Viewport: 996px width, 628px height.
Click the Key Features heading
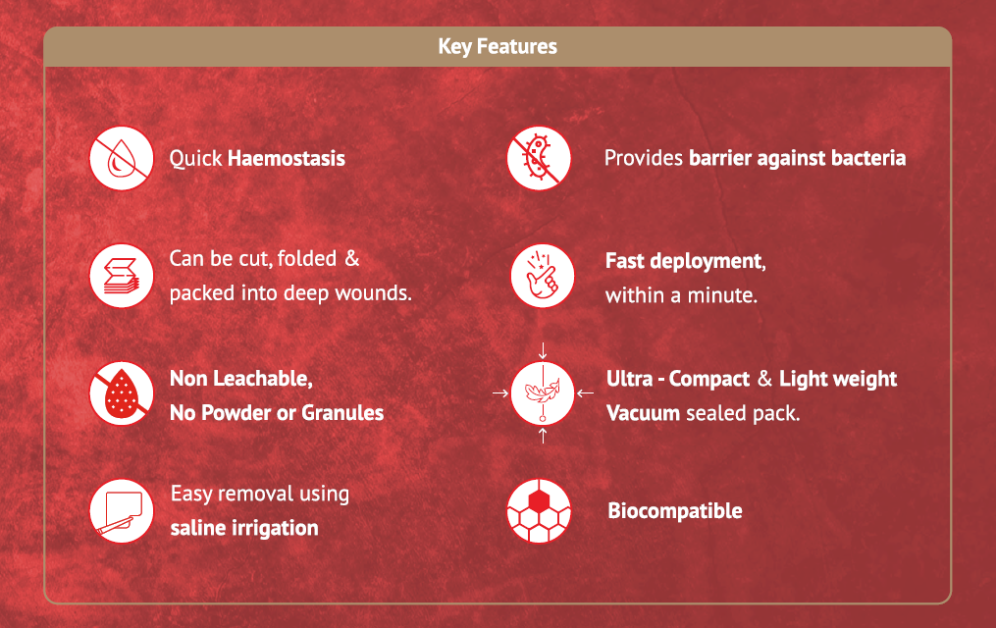[498, 46]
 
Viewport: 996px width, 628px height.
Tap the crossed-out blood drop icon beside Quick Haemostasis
[122, 158]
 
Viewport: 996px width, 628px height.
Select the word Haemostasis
[287, 158]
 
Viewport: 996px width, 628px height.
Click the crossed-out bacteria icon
[539, 158]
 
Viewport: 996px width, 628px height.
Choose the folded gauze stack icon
[122, 276]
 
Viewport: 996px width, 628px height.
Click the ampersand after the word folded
[352, 258]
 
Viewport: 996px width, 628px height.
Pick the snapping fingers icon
[543, 276]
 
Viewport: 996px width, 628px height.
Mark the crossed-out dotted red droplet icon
[122, 393]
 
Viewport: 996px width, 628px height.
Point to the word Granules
[342, 413]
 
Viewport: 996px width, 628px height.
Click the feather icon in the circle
[543, 393]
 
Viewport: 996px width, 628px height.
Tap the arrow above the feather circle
[543, 350]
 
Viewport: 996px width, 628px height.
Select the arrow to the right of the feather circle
[586, 393]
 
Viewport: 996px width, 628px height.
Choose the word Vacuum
[644, 413]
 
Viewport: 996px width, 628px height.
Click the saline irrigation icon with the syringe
[122, 510]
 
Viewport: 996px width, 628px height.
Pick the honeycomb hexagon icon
[539, 510]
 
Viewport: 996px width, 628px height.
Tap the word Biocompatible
[675, 510]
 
